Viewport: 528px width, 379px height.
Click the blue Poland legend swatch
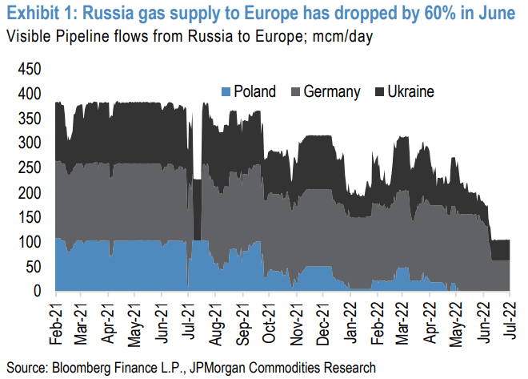click(x=227, y=91)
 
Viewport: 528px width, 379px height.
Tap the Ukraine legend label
click(x=410, y=91)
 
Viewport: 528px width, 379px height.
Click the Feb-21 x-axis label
click(x=55, y=324)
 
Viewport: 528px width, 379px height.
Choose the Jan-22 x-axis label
click(x=350, y=324)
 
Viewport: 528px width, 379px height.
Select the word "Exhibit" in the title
click(x=31, y=14)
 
